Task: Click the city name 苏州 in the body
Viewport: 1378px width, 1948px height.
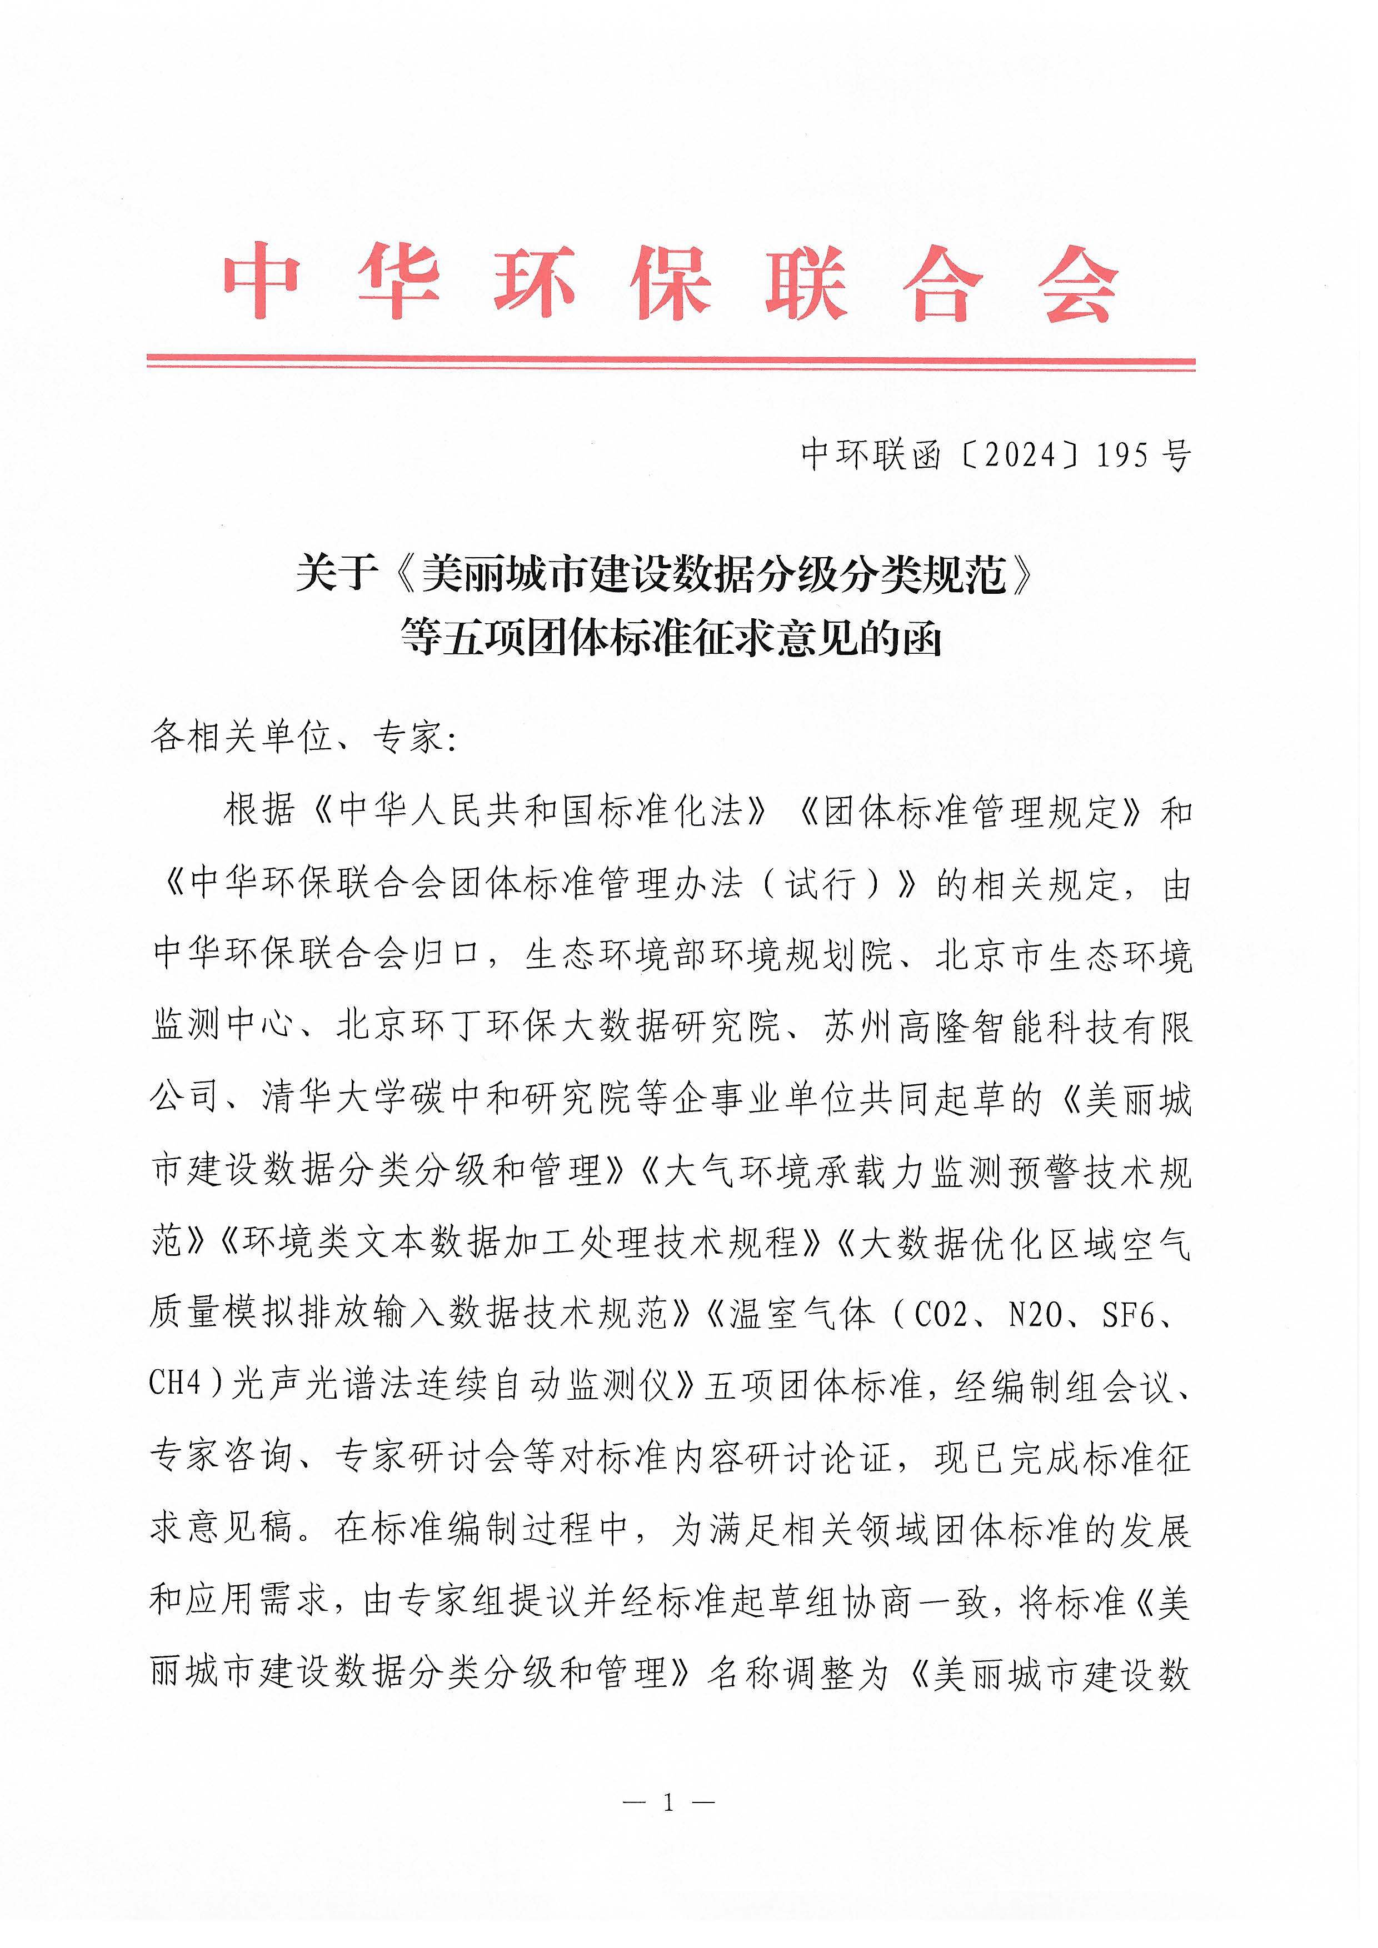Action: (x=858, y=1028)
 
